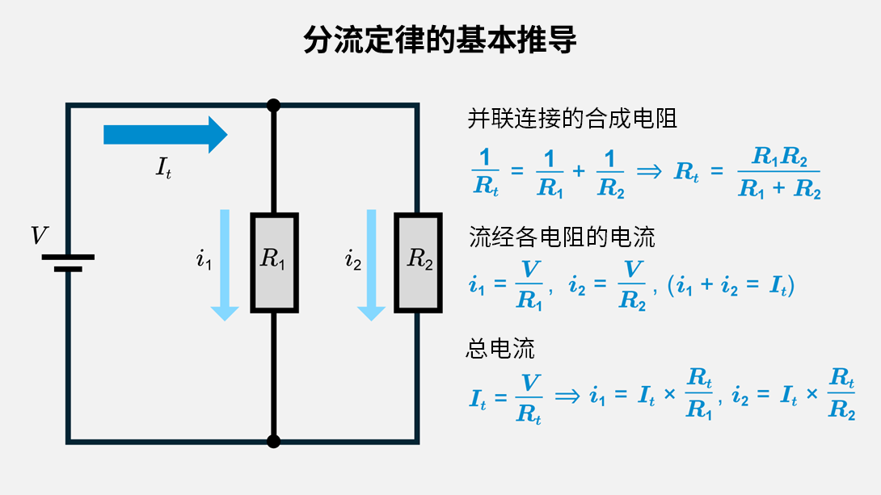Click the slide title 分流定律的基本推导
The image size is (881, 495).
point(440,38)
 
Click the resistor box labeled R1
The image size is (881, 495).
point(274,263)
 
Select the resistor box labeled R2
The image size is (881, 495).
point(418,263)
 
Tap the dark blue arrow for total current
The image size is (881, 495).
point(167,134)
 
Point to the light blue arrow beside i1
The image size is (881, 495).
point(225,264)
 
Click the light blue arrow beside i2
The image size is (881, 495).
point(372,264)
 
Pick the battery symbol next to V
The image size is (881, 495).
point(69,263)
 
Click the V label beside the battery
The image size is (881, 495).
point(39,236)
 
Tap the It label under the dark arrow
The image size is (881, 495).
point(163,169)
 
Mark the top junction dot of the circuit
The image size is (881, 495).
point(274,105)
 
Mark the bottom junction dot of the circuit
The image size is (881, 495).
point(274,441)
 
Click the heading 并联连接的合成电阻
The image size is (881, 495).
point(572,120)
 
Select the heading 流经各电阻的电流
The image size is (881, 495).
point(562,237)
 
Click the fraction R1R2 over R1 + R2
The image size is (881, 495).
point(779,173)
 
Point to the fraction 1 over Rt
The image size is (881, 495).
point(485,173)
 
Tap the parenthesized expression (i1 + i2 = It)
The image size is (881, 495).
point(731,287)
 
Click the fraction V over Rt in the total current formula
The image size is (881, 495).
point(529,398)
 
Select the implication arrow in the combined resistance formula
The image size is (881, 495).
point(649,172)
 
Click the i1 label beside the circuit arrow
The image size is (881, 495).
point(204,260)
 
